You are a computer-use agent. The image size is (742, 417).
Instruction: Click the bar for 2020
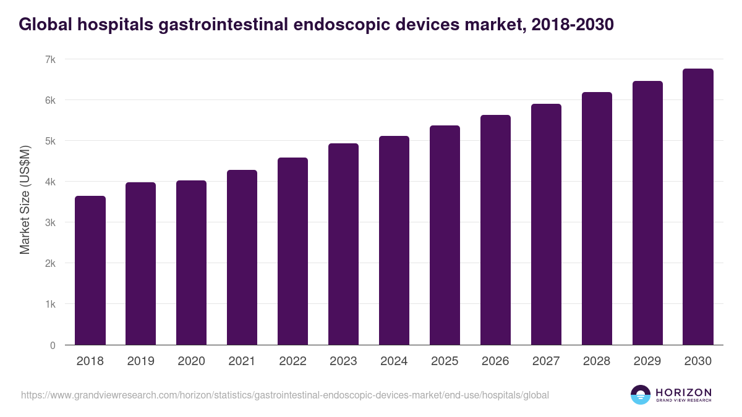point(192,263)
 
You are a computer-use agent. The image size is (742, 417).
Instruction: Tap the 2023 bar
point(343,244)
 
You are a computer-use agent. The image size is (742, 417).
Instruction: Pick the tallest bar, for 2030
point(698,207)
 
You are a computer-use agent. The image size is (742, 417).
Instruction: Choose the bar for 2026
point(495,230)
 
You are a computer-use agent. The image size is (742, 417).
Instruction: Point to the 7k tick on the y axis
point(50,59)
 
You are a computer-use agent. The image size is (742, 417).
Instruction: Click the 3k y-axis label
point(50,222)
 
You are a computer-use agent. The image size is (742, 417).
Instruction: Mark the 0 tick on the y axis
point(53,345)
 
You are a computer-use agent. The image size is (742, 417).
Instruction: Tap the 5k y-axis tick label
point(50,141)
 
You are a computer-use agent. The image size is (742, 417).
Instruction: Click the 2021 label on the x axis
point(242,361)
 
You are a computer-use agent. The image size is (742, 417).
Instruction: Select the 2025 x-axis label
point(445,361)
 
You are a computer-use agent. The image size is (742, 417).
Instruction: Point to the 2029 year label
point(647,361)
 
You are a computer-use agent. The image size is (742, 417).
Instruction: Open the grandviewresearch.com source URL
point(284,395)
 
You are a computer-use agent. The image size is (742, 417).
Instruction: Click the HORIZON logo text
point(683,392)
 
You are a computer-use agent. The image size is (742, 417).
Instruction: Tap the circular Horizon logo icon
point(640,395)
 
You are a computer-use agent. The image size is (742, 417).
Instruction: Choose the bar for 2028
point(597,219)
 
